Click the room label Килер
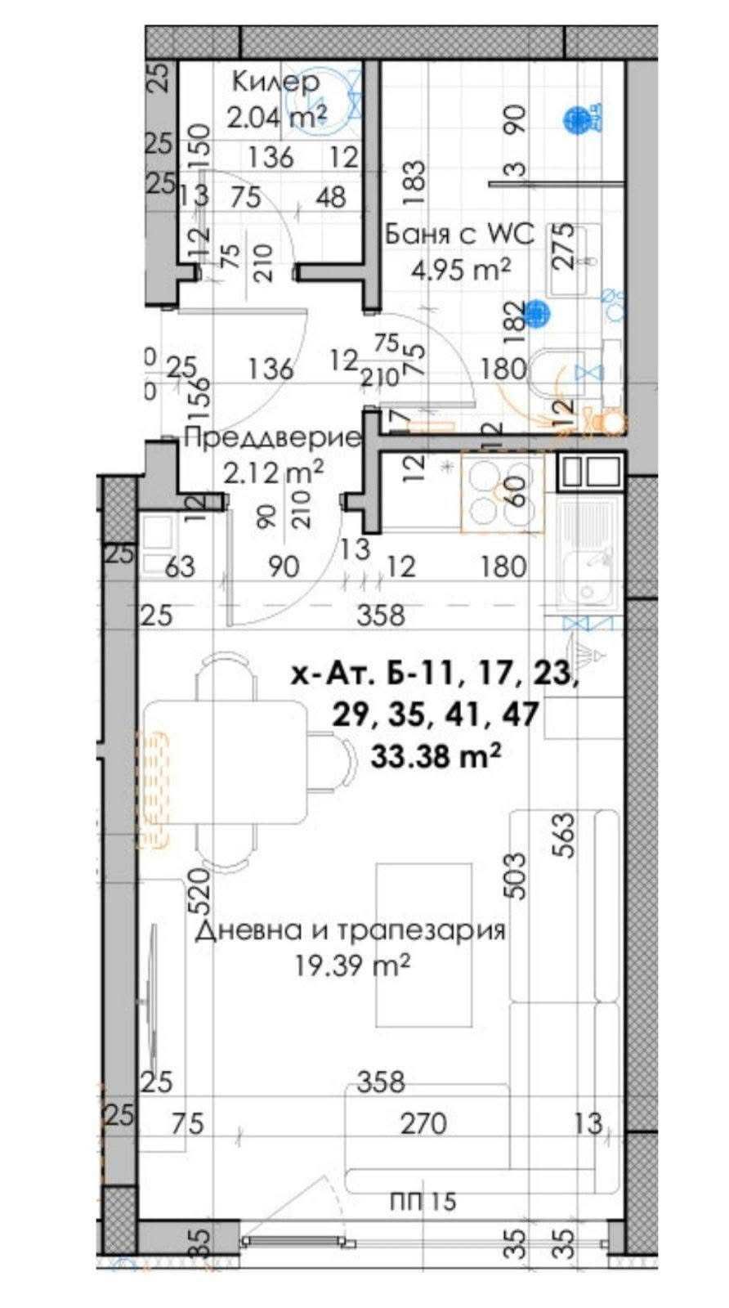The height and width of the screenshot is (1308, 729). click(275, 82)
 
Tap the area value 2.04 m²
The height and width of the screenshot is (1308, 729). click(277, 117)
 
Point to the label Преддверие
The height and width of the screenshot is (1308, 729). click(273, 437)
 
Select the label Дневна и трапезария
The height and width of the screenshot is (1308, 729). click(350, 930)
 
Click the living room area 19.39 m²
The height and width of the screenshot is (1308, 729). click(352, 965)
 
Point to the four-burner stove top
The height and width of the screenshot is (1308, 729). click(503, 492)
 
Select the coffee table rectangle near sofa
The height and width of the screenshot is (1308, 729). click(424, 944)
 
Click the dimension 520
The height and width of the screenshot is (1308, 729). click(201, 890)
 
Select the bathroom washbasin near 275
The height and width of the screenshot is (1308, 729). click(575, 260)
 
